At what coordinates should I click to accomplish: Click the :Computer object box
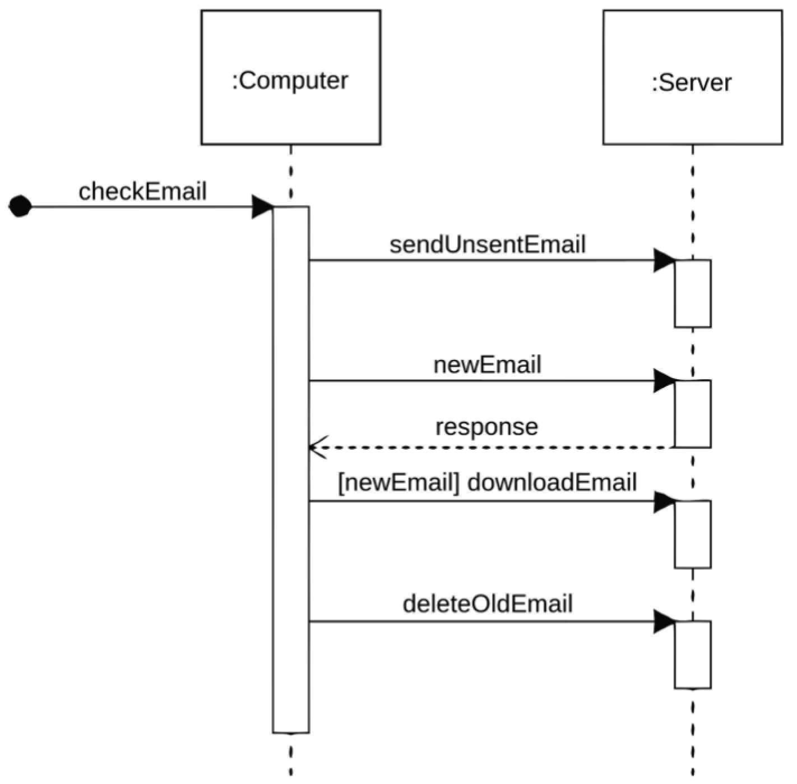click(290, 77)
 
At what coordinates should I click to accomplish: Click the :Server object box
click(692, 77)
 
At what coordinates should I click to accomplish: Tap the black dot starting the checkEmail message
click(20, 206)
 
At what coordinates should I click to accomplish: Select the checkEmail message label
click(142, 191)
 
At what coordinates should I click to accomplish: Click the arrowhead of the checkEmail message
click(262, 207)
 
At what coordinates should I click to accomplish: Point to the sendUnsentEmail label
click(487, 245)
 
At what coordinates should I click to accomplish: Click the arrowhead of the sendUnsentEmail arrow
click(664, 260)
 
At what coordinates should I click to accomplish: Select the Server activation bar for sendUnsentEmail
click(692, 293)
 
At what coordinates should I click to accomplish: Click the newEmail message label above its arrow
click(487, 365)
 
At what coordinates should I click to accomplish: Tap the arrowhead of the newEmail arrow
click(664, 381)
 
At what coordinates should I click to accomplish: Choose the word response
click(486, 427)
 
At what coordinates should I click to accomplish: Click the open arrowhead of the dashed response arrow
click(317, 448)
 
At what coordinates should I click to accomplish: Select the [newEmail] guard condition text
click(398, 482)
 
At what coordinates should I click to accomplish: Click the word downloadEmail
click(552, 482)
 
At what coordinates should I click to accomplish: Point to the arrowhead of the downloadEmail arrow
click(664, 501)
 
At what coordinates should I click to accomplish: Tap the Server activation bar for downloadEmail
click(692, 534)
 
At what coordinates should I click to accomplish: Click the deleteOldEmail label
click(487, 604)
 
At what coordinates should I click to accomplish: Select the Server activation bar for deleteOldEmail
click(692, 654)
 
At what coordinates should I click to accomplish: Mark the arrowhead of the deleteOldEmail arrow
click(664, 621)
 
